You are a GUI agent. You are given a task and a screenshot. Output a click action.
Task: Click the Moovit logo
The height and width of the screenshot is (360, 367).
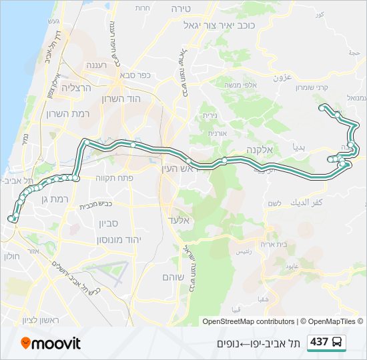51,343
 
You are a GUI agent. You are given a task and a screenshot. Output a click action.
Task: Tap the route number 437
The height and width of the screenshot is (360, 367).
320,342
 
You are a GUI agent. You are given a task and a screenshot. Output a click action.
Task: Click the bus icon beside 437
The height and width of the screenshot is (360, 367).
338,342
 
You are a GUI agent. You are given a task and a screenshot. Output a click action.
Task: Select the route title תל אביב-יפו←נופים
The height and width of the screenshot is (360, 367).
258,343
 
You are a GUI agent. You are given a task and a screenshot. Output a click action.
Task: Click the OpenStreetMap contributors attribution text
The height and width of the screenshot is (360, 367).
248,321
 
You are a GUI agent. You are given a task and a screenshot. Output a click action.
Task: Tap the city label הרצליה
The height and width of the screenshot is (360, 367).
75,87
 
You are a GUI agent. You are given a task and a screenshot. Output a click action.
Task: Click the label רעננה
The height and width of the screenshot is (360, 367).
101,66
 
